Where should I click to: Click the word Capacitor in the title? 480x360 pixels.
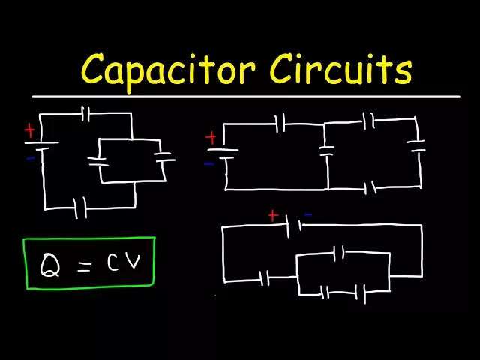(x=168, y=71)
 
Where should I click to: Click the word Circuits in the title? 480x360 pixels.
(x=340, y=69)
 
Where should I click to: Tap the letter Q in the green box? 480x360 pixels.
(x=50, y=265)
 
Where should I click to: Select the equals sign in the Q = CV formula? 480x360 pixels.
(x=84, y=267)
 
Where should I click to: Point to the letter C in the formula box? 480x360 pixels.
(x=112, y=262)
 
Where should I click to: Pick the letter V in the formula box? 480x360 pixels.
(x=133, y=262)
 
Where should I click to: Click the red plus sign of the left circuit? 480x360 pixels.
(x=29, y=130)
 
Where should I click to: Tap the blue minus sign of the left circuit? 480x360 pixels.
(x=31, y=158)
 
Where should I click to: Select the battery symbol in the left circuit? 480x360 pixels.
(x=41, y=145)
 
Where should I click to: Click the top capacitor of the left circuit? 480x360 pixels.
(x=85, y=114)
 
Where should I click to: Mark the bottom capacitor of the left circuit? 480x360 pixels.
(x=80, y=208)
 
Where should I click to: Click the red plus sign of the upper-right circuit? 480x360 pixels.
(x=211, y=138)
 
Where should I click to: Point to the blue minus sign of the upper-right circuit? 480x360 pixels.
(x=209, y=164)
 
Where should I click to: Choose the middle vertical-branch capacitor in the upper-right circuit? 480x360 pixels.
(x=327, y=151)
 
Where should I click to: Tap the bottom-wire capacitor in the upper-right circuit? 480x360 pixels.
(x=370, y=187)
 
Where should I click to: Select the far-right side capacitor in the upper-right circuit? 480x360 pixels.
(x=416, y=146)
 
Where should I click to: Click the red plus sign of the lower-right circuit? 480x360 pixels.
(x=273, y=216)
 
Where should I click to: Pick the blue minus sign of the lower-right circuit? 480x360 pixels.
(x=308, y=215)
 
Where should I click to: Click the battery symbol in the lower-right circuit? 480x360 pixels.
(x=294, y=226)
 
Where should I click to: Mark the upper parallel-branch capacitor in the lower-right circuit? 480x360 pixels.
(x=338, y=253)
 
